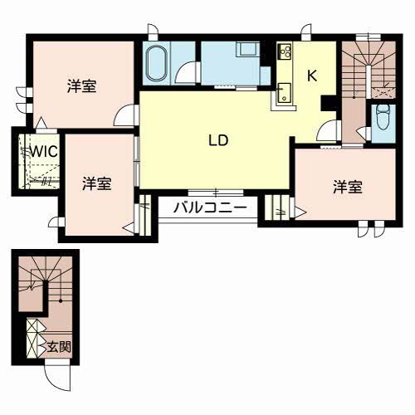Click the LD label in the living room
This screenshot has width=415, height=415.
[x=218, y=140]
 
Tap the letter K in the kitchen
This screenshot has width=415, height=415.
[x=312, y=76]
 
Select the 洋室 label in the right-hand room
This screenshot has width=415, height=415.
[x=348, y=187]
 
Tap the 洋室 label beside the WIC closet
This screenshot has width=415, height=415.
[x=97, y=183]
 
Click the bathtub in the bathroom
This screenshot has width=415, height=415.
[x=158, y=63]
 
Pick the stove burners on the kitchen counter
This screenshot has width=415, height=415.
[x=286, y=52]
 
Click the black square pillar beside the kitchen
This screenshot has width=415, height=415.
[x=326, y=103]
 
